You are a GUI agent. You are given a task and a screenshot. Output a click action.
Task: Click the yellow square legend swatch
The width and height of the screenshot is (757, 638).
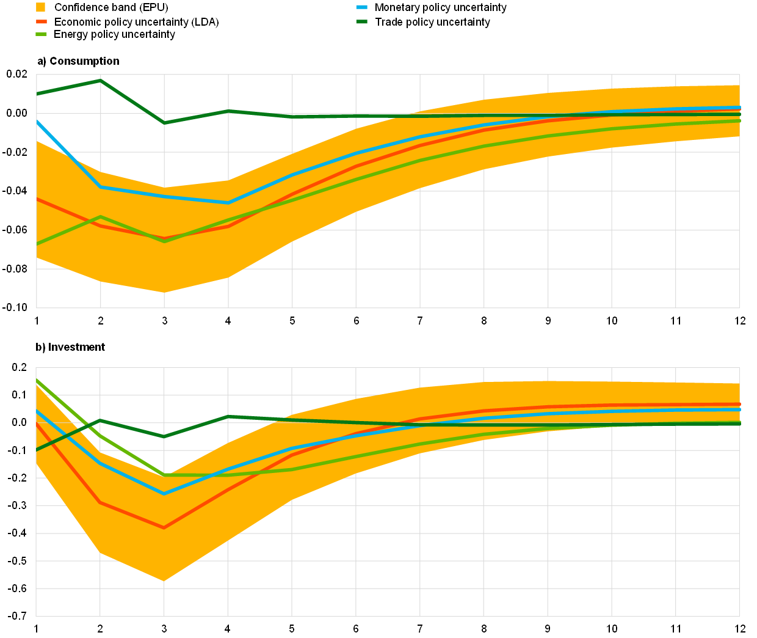click(41, 7)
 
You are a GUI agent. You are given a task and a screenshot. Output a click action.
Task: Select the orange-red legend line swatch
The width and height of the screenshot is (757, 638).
click(42, 21)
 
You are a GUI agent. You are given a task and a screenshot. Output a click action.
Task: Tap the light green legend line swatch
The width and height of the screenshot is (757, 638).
click(42, 34)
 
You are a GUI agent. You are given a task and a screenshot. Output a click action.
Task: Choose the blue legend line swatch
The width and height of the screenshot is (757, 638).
click(361, 7)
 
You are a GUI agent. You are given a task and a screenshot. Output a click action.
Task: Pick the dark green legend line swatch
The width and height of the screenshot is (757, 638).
click(361, 21)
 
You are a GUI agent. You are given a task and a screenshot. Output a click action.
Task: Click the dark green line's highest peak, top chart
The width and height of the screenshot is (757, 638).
click(100, 80)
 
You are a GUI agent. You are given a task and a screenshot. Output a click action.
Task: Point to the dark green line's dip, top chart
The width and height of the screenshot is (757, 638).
click(164, 123)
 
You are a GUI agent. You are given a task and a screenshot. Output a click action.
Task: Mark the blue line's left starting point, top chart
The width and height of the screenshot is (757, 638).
click(37, 122)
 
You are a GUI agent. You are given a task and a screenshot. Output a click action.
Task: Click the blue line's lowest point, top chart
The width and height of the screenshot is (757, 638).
click(228, 202)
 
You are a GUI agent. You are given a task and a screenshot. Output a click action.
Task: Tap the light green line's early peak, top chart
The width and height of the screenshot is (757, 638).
click(100, 216)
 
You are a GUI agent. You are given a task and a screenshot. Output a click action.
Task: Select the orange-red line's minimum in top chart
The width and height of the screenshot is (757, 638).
click(164, 238)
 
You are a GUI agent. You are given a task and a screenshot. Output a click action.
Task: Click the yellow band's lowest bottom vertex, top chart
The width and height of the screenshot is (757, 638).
click(164, 292)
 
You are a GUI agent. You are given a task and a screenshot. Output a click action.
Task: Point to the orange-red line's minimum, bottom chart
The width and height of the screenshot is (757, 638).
click(164, 528)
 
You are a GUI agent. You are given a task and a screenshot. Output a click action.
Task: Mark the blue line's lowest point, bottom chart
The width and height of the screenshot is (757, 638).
click(164, 493)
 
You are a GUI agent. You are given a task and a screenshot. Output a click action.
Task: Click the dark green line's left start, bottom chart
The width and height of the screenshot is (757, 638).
click(37, 450)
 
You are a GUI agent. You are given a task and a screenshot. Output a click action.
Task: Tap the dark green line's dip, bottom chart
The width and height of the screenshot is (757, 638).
click(164, 436)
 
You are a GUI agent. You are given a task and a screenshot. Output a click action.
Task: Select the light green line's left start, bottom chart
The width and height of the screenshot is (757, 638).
click(37, 380)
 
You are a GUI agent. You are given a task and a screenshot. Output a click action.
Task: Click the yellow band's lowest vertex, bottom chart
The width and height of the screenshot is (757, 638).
click(164, 581)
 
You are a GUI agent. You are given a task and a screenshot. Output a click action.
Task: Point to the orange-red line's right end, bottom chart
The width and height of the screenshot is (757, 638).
click(739, 404)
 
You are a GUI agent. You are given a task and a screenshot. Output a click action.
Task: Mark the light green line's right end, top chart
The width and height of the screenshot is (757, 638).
click(739, 121)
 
